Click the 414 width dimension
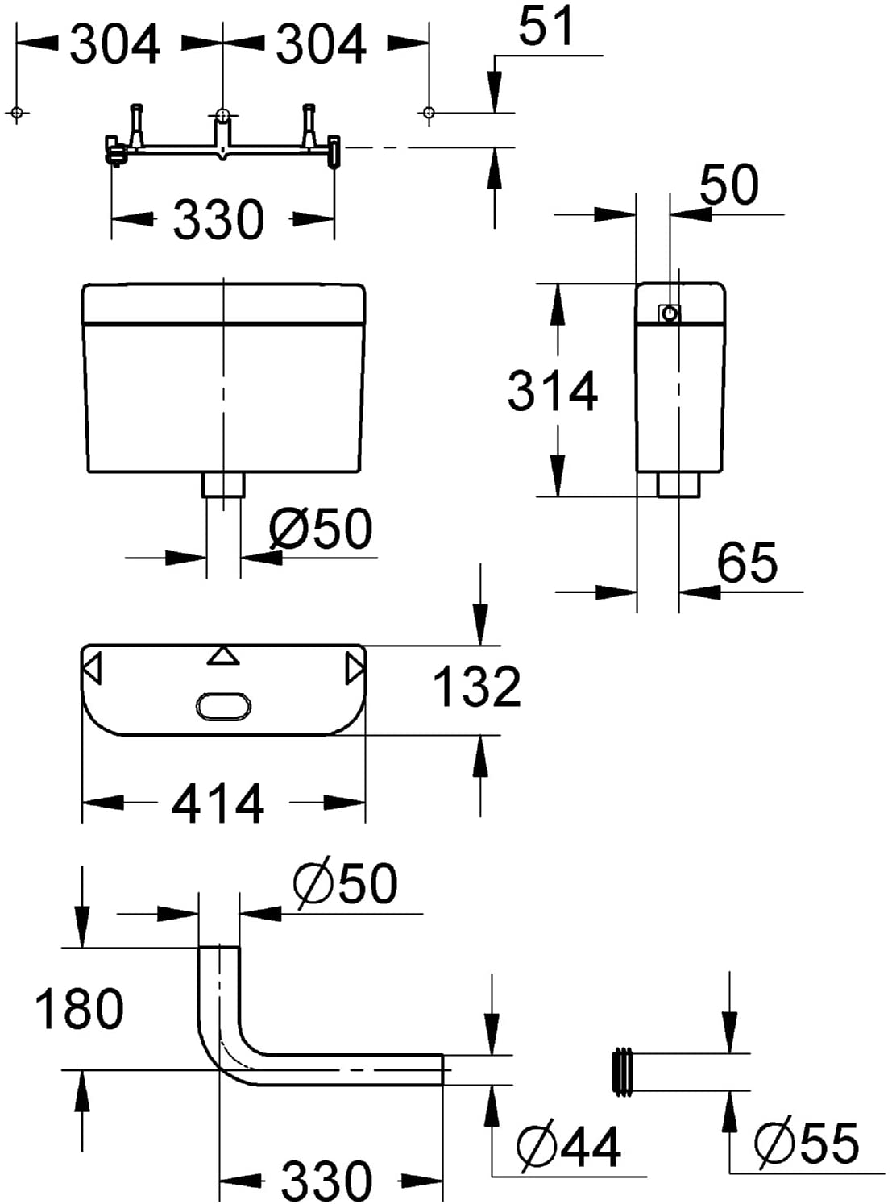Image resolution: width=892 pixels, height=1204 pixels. pyautogui.click(x=218, y=803)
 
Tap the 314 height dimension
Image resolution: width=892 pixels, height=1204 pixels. pyautogui.click(x=552, y=390)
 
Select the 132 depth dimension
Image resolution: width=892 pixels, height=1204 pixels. pyautogui.click(x=477, y=686)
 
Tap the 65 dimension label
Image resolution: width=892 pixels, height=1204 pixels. pyautogui.click(x=747, y=563)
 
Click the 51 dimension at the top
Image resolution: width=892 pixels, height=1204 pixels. pyautogui.click(x=546, y=25)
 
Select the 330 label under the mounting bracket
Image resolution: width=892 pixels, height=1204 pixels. pyautogui.click(x=219, y=219)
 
